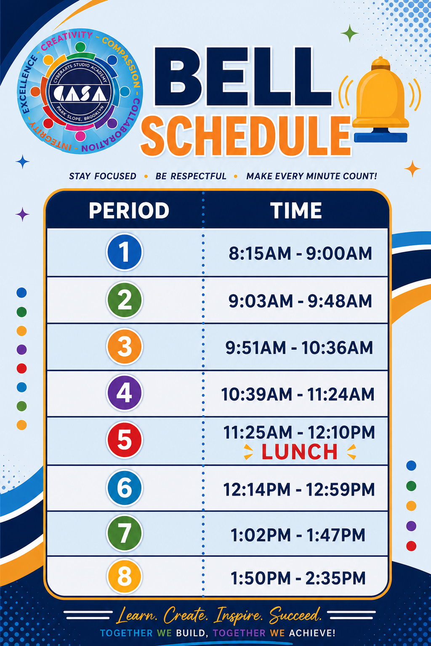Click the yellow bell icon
(x=380, y=99)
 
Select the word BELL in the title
(x=242, y=77)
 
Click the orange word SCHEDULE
(x=246, y=136)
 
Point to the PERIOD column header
(x=129, y=210)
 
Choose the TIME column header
(x=296, y=210)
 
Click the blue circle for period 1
(x=124, y=252)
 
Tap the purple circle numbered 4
(x=124, y=393)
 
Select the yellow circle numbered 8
(x=124, y=577)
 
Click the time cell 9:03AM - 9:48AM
(x=300, y=301)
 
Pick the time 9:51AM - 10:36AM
(x=299, y=348)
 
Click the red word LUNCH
(x=299, y=452)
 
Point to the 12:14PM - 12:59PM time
(x=299, y=489)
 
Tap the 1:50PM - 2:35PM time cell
(x=298, y=578)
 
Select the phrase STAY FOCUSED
(x=102, y=176)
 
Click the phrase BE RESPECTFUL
(x=191, y=176)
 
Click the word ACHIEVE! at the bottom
(x=312, y=633)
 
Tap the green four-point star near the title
(x=350, y=33)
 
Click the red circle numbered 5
(x=124, y=440)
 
